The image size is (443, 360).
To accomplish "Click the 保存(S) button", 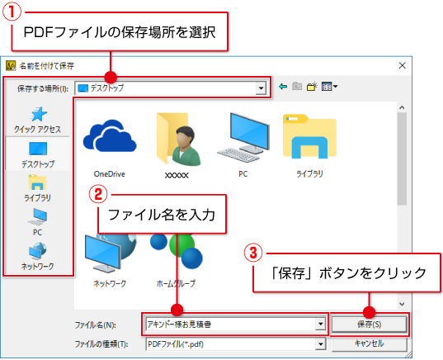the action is point(369,324).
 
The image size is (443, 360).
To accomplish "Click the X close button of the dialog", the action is point(402,65).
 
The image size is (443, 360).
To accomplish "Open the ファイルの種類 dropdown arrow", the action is point(320,344).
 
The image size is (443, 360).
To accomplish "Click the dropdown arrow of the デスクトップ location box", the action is point(261,88).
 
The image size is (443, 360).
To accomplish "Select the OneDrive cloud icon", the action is point(110,135).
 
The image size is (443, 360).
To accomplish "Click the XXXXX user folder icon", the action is point(178,139).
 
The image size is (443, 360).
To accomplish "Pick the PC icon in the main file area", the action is point(243,137).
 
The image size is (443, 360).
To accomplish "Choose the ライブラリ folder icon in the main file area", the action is point(309,136).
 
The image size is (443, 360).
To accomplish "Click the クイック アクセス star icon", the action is point(39,114).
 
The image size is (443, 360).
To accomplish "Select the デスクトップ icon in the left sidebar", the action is point(38,148).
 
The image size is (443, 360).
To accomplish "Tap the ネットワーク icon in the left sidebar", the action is point(37,251).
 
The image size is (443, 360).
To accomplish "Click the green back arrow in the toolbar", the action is point(283,86).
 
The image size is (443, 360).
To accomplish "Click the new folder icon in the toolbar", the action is point(312,86).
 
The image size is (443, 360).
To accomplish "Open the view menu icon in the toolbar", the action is point(329,86).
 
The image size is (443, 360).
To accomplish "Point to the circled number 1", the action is point(12,12).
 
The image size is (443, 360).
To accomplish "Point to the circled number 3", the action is point(253,253).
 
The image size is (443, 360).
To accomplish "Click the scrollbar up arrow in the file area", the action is point(402,107).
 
